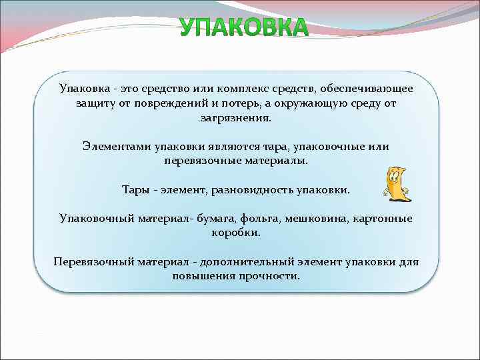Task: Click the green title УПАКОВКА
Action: pyautogui.click(x=244, y=28)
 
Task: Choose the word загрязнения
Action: pyautogui.click(x=236, y=118)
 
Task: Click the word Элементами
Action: pyautogui.click(x=117, y=147)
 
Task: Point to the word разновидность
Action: pyautogui.click(x=253, y=190)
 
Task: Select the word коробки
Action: pyautogui.click(x=236, y=233)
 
